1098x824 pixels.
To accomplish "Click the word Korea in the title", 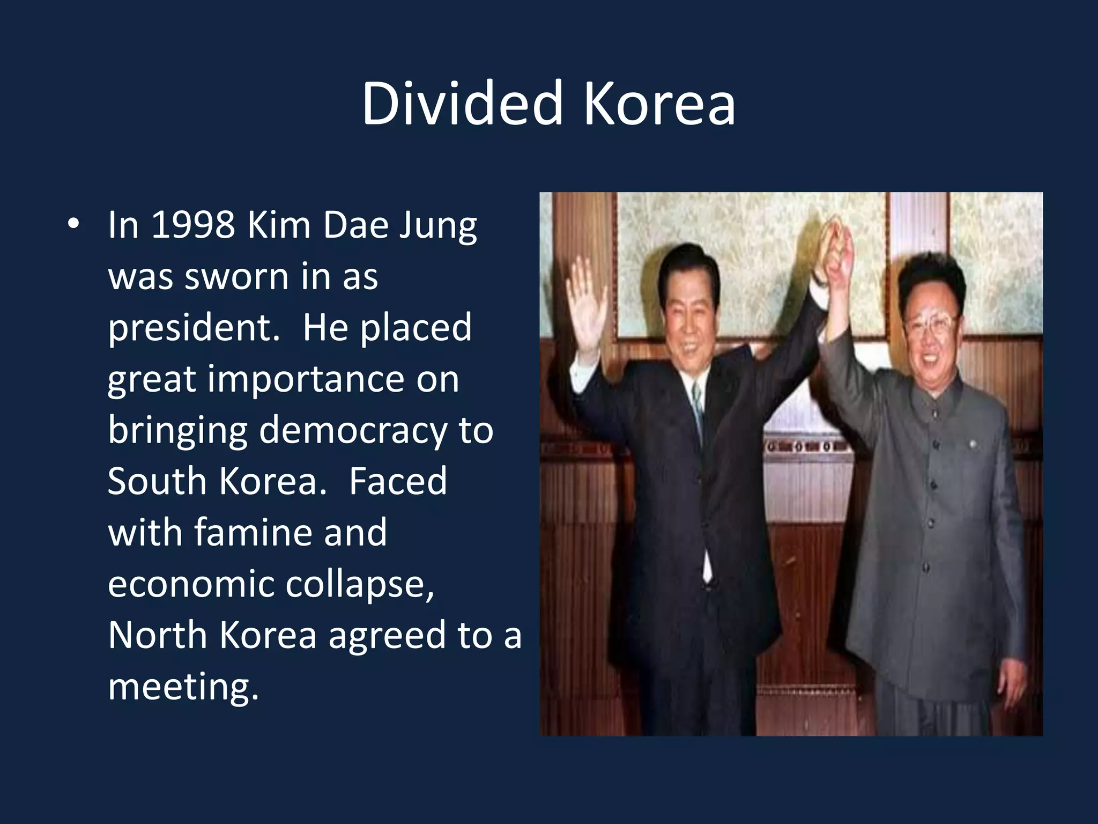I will click(x=659, y=103).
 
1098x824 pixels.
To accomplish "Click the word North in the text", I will click(x=157, y=635).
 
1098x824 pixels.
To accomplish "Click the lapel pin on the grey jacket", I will click(x=972, y=444).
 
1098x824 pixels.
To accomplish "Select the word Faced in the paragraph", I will click(x=398, y=481).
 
